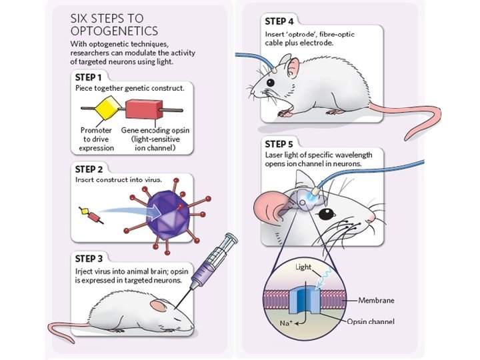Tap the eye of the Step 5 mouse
tap(327, 214)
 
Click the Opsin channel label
tap(370, 322)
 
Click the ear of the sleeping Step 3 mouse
tap(158, 305)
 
